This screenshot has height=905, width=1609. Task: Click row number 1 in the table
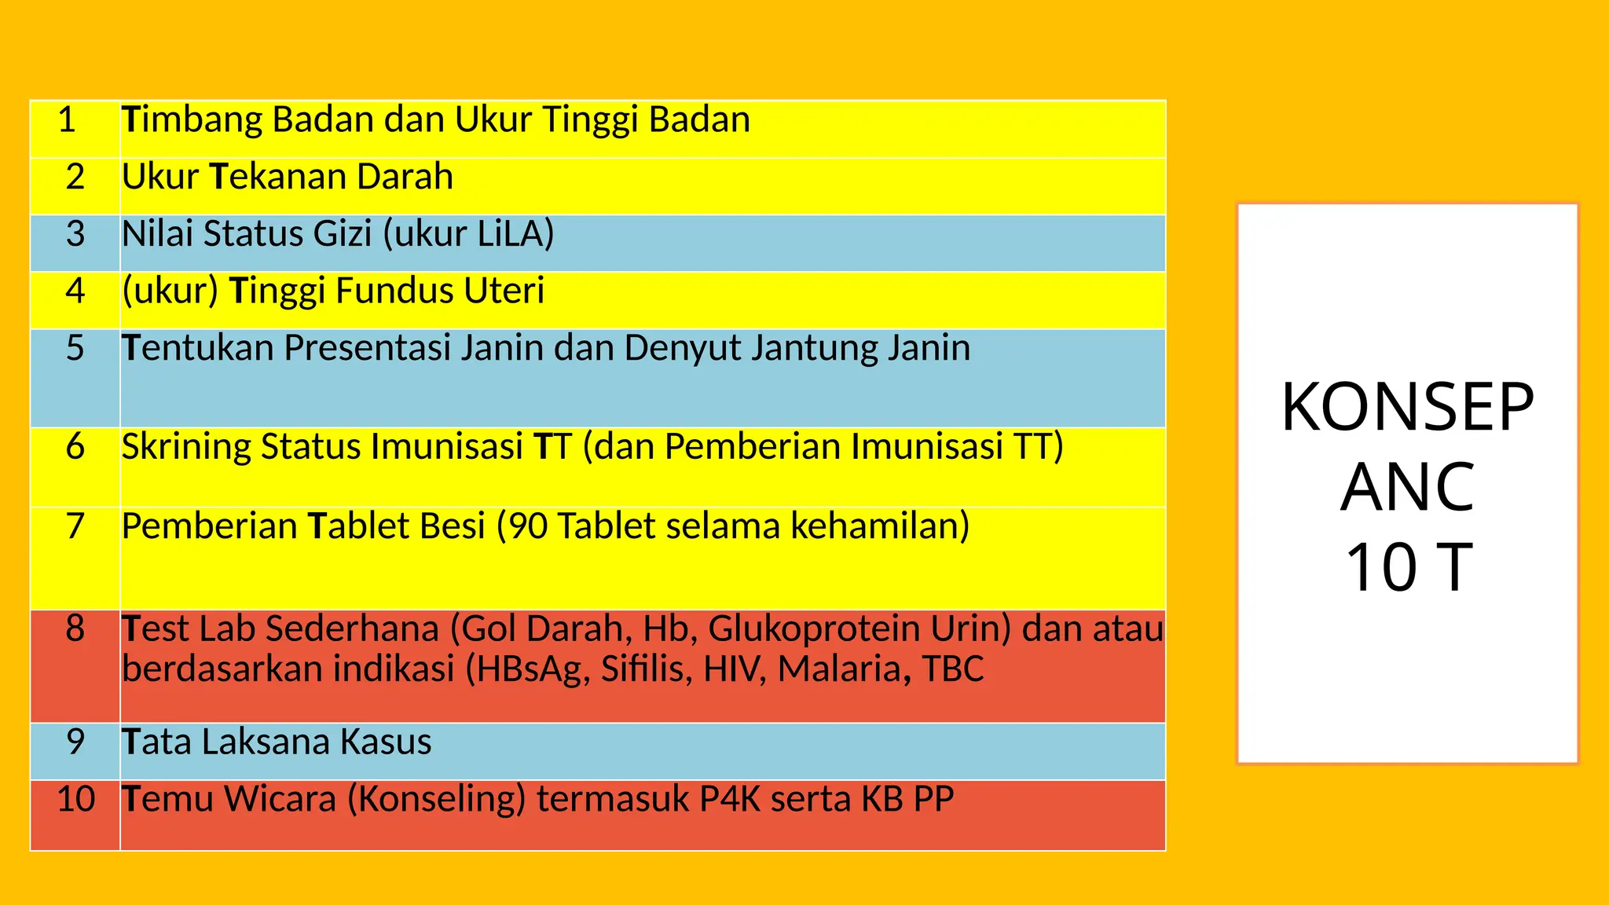pyautogui.click(x=67, y=120)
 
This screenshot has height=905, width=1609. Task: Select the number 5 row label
pyautogui.click(x=75, y=348)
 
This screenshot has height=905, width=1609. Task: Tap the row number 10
pyautogui.click(x=75, y=799)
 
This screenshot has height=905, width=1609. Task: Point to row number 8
pyautogui.click(x=75, y=628)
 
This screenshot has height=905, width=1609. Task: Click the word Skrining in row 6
pyautogui.click(x=185, y=447)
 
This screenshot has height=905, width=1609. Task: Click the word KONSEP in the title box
pyautogui.click(x=1407, y=408)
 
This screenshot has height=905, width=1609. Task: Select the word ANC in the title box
pyautogui.click(x=1407, y=488)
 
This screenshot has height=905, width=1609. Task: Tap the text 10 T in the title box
pyautogui.click(x=1408, y=568)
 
